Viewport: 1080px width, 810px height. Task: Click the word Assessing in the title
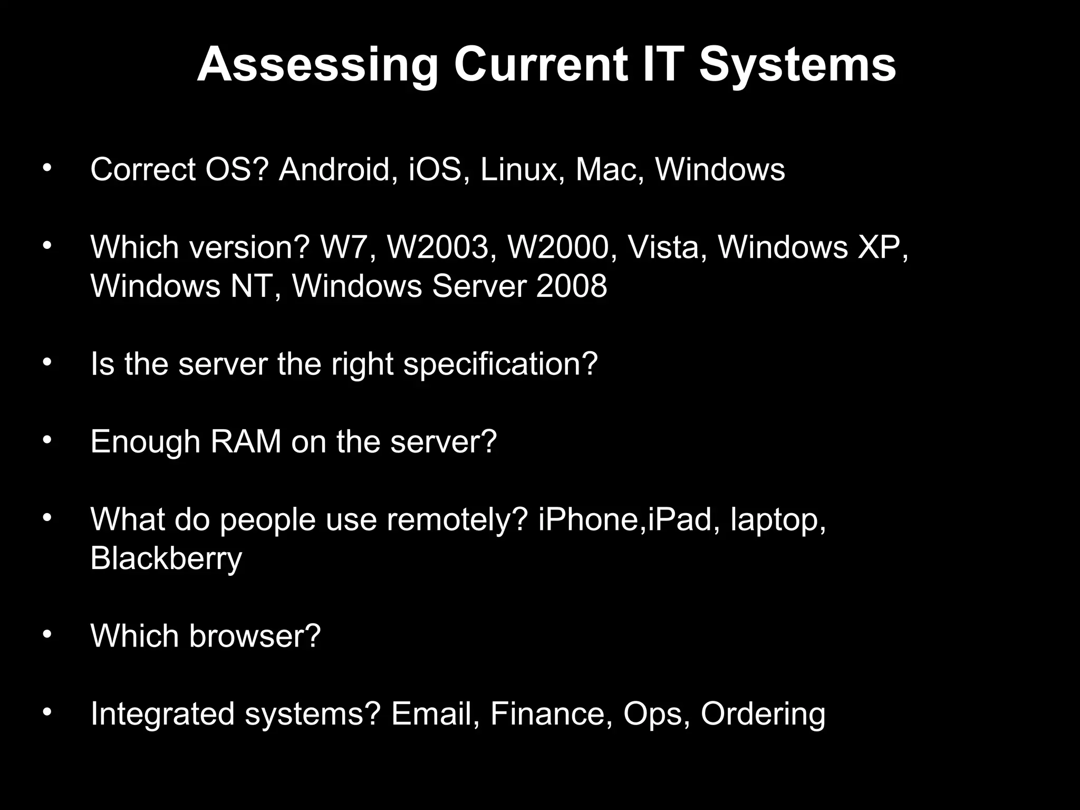(x=317, y=65)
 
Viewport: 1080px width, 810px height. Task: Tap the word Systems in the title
(x=797, y=65)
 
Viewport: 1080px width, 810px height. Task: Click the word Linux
(x=518, y=170)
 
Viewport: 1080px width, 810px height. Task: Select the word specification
(x=500, y=364)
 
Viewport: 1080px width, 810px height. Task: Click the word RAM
(x=246, y=441)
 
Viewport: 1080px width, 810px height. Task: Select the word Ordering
(x=763, y=713)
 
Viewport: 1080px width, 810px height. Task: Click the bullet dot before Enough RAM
(x=47, y=440)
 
